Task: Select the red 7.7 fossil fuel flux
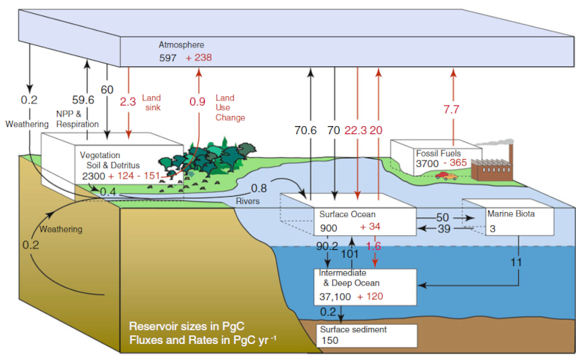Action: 452,109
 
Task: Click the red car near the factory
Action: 445,176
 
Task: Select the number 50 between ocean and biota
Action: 442,217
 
